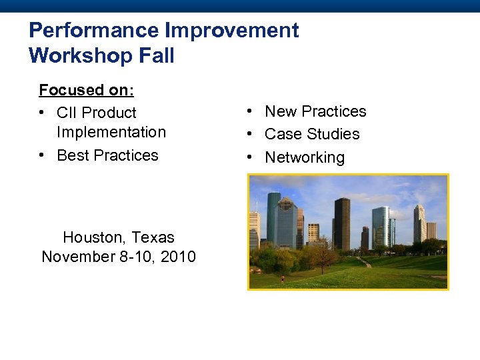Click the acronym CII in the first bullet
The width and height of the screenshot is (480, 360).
coord(67,113)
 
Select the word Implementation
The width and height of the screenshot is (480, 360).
coord(111,132)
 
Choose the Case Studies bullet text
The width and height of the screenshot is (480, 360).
coord(312,134)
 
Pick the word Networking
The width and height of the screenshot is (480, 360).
coord(305,157)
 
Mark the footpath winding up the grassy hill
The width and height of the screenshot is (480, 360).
coord(365,263)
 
